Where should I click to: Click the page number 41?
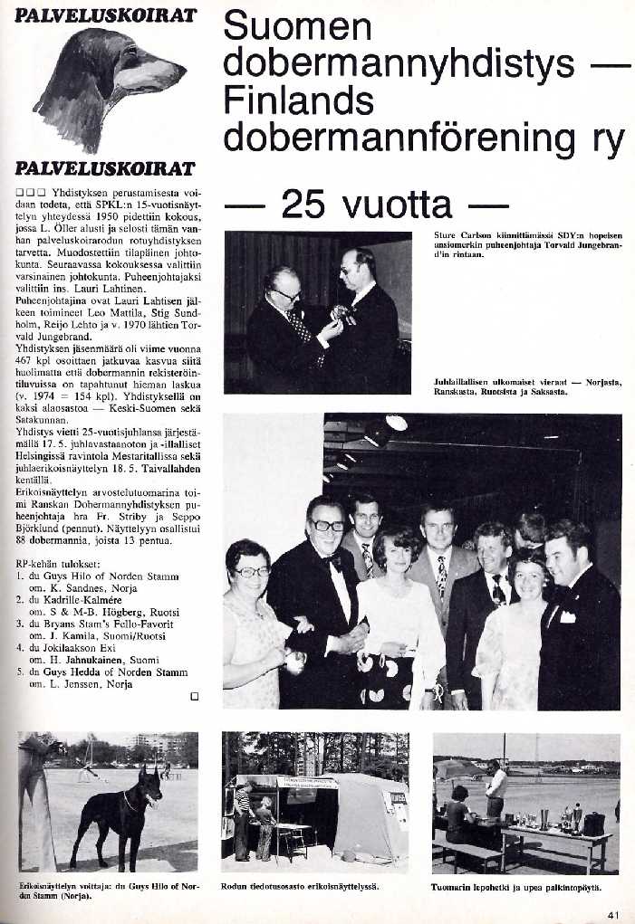pos(613,913)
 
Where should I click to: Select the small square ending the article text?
pos(193,696)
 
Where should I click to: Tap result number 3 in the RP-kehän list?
pos(21,624)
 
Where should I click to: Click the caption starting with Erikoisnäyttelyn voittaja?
pos(107,889)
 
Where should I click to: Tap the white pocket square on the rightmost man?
pos(568,616)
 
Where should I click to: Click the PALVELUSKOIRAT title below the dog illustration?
pos(106,169)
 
